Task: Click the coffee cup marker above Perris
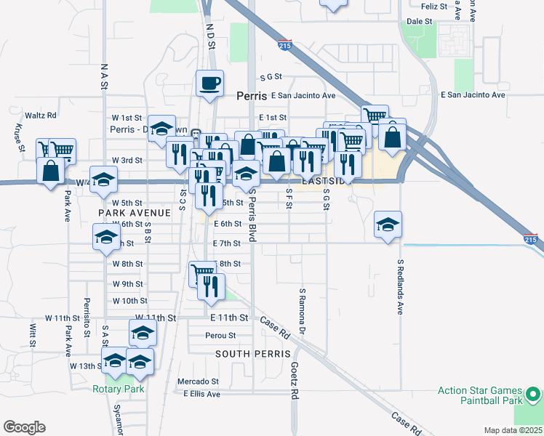coord(209,83)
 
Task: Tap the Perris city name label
coord(252,95)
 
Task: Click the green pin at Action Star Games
coord(532,395)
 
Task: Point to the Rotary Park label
coord(118,389)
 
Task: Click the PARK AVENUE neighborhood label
coord(135,212)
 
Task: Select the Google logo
coord(24,427)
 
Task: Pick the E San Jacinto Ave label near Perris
coord(303,95)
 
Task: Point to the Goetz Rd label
coord(295,381)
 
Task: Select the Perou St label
coord(220,336)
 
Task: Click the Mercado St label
coord(199,381)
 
